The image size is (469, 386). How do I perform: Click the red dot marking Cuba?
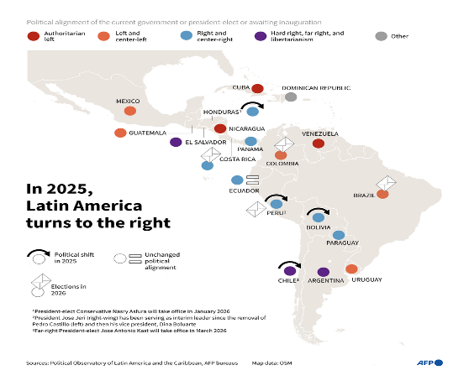pyautogui.click(x=258, y=88)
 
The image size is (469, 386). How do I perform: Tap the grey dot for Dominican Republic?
pyautogui.click(x=291, y=96)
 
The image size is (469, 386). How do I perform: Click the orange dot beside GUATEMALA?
pyautogui.click(x=120, y=133)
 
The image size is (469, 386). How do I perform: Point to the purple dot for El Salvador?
pyautogui.click(x=176, y=142)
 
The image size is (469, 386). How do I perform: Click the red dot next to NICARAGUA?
pyautogui.click(x=220, y=128)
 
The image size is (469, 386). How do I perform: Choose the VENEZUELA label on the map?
pyautogui.click(x=319, y=133)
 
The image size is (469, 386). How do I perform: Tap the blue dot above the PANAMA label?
pyautogui.click(x=250, y=141)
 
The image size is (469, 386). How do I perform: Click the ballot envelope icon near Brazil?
pyautogui.click(x=387, y=183)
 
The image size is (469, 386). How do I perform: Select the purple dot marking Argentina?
pyautogui.click(x=324, y=272)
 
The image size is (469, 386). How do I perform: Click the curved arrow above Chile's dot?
pyautogui.click(x=289, y=263)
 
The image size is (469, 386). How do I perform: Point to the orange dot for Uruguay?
pyautogui.click(x=351, y=269)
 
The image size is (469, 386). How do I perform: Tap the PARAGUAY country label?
pyautogui.click(x=343, y=243)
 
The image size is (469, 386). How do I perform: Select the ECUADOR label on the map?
pyautogui.click(x=245, y=190)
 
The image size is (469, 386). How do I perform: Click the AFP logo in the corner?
pyautogui.click(x=431, y=363)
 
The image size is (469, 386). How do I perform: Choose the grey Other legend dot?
pyautogui.click(x=381, y=36)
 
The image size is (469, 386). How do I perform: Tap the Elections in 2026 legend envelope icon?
pyautogui.click(x=38, y=285)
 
